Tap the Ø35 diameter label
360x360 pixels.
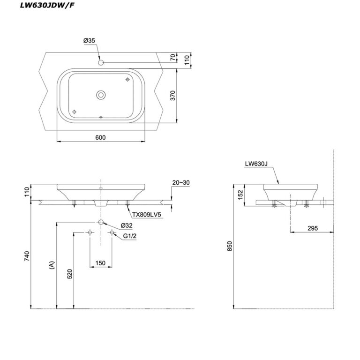[x=90, y=42]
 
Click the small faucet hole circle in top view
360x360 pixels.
[x=101, y=62]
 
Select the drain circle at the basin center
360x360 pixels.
[x=101, y=95]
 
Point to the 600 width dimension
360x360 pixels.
[x=100, y=137]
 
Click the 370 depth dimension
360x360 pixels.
[x=172, y=96]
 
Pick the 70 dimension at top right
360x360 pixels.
[x=172, y=58]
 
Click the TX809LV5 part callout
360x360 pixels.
[x=147, y=215]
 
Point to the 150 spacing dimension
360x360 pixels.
[x=100, y=263]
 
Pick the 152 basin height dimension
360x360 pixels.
[x=240, y=195]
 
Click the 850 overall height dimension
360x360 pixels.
[x=230, y=247]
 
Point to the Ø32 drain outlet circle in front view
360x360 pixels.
[x=101, y=222]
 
